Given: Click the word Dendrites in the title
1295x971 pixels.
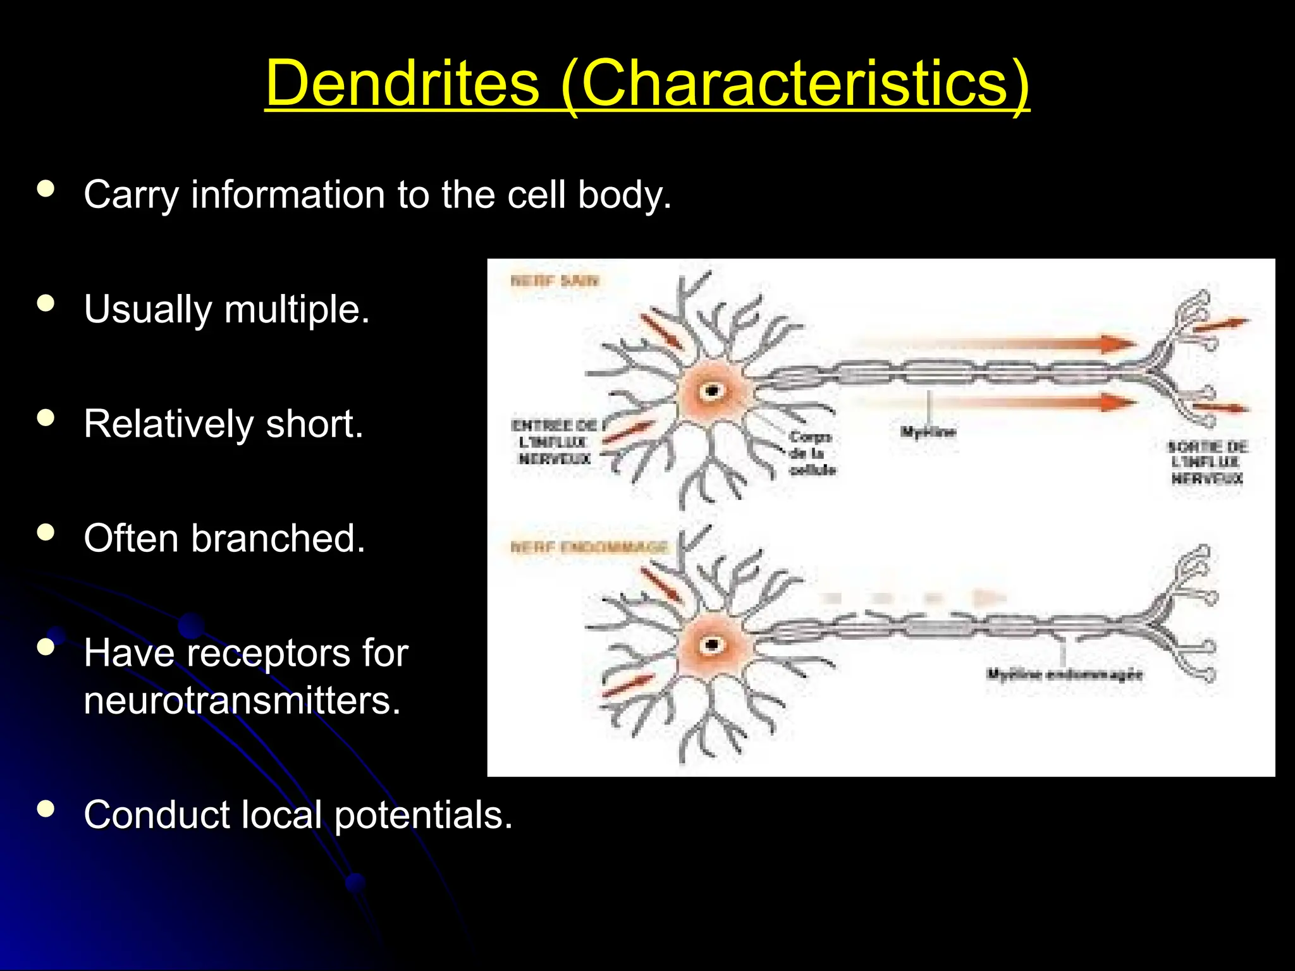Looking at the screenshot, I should pyautogui.click(x=402, y=83).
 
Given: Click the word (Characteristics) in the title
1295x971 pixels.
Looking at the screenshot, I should pyautogui.click(x=795, y=85).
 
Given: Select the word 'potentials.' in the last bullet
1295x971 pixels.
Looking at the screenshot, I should pyautogui.click(x=423, y=815).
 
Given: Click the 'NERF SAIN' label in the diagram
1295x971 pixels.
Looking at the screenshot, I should pyautogui.click(x=554, y=281).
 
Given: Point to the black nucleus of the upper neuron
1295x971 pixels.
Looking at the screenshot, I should pyautogui.click(x=713, y=391).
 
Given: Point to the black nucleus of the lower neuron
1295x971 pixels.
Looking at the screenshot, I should pyautogui.click(x=713, y=645).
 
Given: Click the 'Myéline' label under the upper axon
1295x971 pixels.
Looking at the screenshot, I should pyautogui.click(x=928, y=432).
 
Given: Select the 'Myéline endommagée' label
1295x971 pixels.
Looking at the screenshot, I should pyautogui.click(x=1064, y=675).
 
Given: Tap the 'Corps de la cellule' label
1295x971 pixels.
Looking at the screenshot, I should pyautogui.click(x=812, y=453).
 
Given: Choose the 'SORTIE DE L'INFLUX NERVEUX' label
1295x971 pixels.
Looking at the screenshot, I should pyautogui.click(x=1206, y=463).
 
